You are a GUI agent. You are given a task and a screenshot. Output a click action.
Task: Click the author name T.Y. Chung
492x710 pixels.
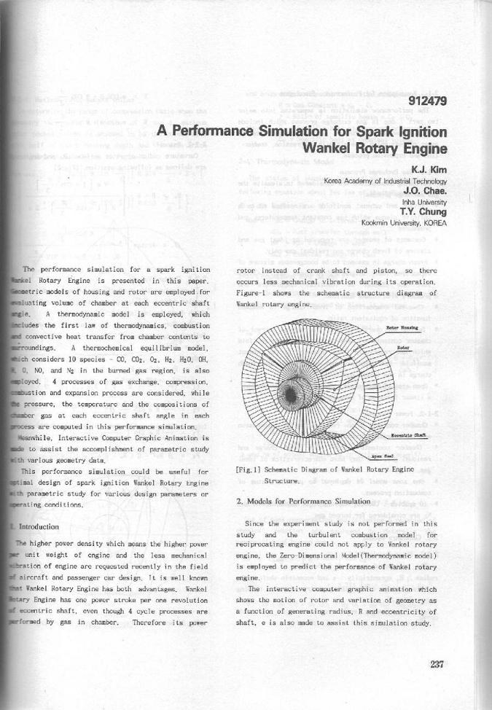pos(427,211)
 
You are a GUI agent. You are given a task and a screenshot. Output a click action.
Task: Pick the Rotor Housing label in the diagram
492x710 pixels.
pos(402,329)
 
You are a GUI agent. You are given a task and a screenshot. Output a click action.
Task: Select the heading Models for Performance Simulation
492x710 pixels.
pos(304,502)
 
